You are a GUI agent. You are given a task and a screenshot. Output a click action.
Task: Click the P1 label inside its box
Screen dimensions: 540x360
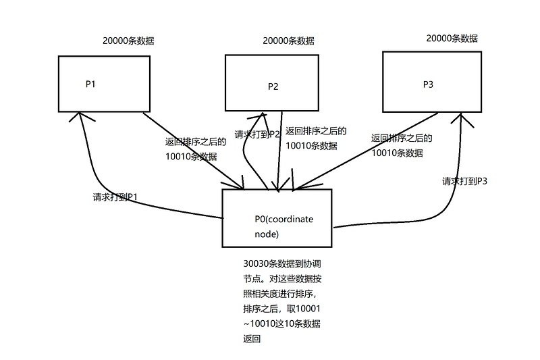tap(90, 84)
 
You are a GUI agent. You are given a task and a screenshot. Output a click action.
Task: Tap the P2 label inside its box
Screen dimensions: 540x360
tap(273, 86)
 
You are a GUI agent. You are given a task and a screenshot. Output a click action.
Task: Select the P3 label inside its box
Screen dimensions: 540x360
tap(428, 84)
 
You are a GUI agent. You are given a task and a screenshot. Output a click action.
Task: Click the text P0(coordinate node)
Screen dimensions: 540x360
tap(283, 227)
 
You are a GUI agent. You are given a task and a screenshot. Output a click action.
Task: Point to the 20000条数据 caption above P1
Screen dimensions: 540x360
tap(128, 41)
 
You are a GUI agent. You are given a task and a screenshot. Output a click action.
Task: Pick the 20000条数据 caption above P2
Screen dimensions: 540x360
tap(288, 41)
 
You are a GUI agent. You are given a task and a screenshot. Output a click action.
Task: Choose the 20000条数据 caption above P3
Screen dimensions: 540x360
tap(452, 38)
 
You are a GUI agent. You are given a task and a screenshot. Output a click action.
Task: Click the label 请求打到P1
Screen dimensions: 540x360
tap(115, 197)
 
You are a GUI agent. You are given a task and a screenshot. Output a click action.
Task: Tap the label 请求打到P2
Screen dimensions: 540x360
tap(257, 134)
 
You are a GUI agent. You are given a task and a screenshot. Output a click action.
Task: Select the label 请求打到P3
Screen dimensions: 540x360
tap(464, 181)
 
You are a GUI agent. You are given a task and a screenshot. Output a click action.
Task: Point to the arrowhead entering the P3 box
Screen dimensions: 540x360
tap(462, 118)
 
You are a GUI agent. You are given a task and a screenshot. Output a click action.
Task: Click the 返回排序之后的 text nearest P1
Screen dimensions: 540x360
tap(195, 142)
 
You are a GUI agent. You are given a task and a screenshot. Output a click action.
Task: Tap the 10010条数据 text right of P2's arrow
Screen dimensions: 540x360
tap(311, 146)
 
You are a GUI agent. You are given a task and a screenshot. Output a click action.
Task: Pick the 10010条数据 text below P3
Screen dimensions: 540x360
tap(397, 153)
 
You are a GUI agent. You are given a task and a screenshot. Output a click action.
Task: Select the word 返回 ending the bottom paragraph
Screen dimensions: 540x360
tap(252, 339)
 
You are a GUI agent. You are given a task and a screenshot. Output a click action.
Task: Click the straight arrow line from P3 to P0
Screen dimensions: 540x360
tap(365, 151)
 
